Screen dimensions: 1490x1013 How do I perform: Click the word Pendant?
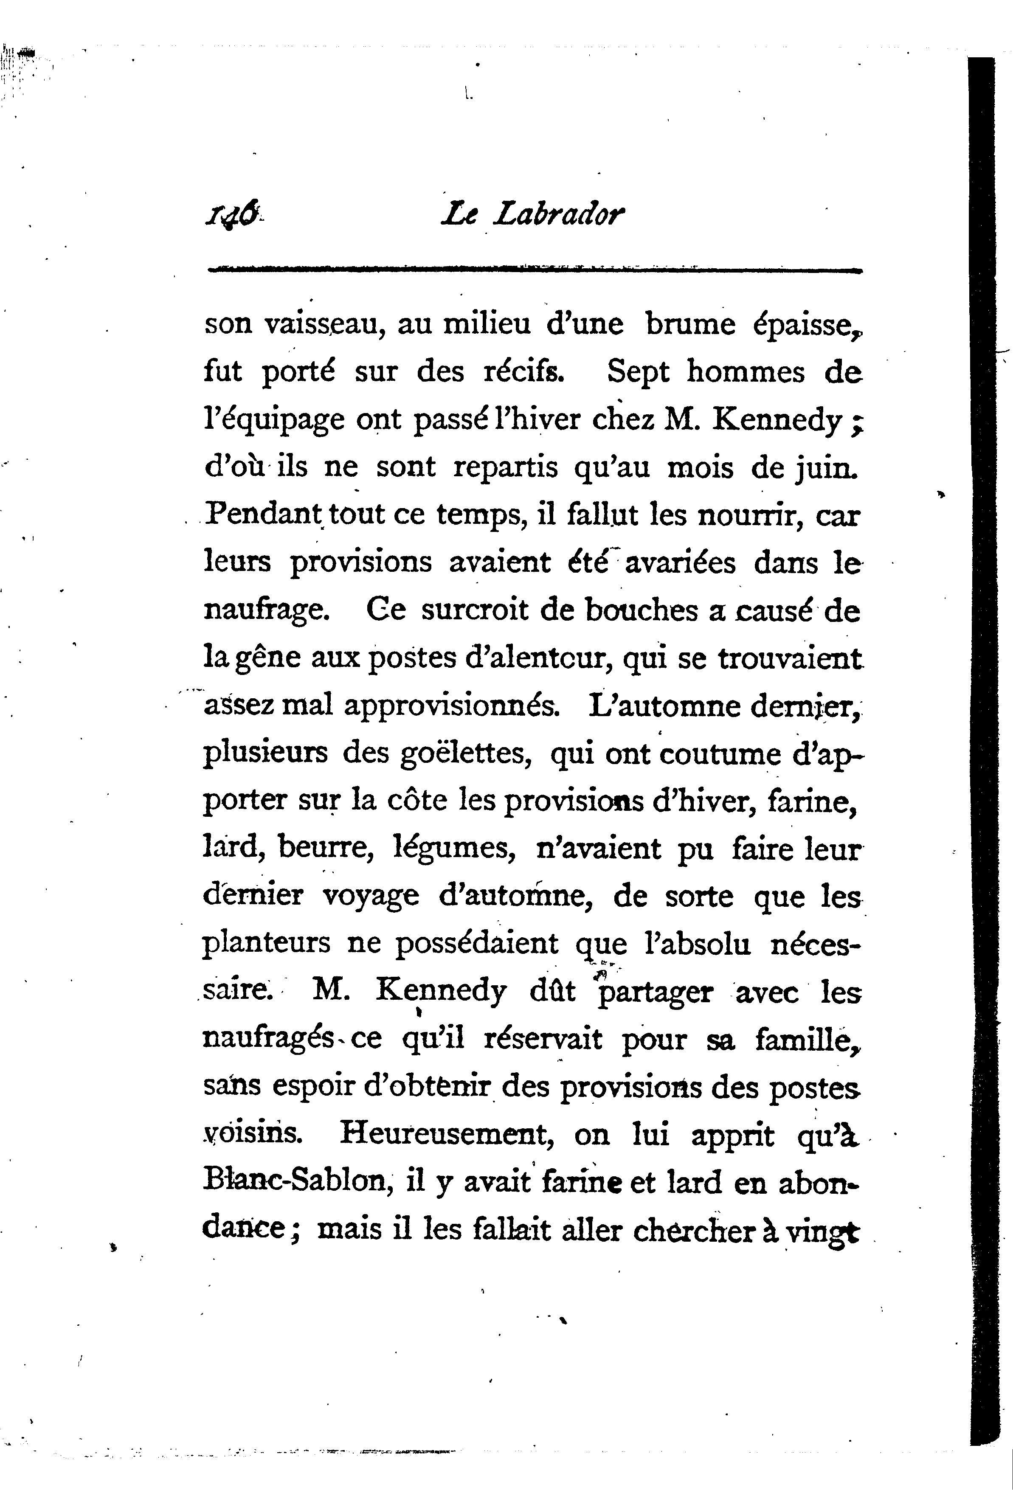[263, 514]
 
